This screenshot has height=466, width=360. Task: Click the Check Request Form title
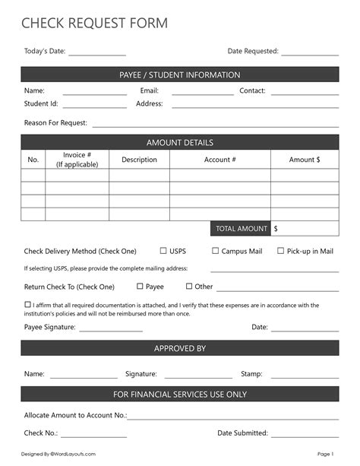[x=94, y=24]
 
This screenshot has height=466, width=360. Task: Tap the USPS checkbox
[x=163, y=251]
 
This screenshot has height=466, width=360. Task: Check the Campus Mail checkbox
[x=215, y=251]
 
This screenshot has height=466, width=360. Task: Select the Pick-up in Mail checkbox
[x=280, y=251]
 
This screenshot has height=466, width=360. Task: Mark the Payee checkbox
[x=140, y=287]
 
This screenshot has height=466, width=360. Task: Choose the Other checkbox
[x=189, y=287]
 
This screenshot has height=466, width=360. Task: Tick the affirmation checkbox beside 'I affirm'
[x=27, y=305]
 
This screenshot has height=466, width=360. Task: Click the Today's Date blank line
[x=97, y=55]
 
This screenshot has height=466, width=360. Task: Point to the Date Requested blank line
[x=310, y=55]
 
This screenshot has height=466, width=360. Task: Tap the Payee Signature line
[x=110, y=331]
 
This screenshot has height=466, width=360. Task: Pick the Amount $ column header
[x=305, y=160]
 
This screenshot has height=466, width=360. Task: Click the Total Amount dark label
[x=241, y=228]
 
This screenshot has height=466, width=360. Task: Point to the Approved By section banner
[x=180, y=348]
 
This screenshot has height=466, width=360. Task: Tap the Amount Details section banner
[x=180, y=142]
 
